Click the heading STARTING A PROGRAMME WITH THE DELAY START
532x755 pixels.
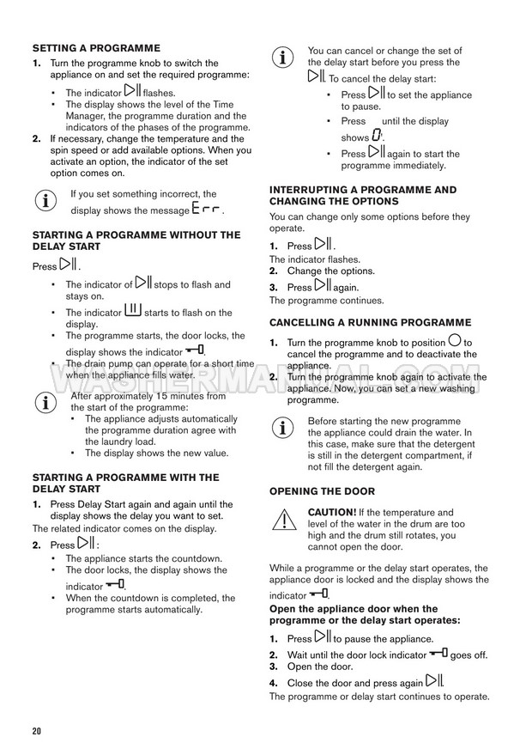pyautogui.click(x=125, y=483)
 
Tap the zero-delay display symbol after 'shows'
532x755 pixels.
pyautogui.click(x=377, y=136)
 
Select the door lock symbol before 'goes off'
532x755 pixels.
pyautogui.click(x=438, y=654)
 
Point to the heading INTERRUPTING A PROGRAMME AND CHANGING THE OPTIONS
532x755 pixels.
pyautogui.click(x=363, y=195)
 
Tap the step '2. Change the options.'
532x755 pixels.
pyautogui.click(x=317, y=271)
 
